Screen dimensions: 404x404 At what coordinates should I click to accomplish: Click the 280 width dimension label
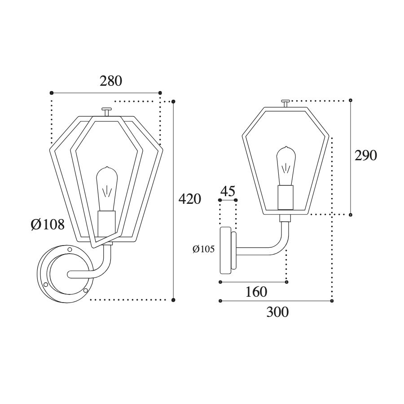pos(111,81)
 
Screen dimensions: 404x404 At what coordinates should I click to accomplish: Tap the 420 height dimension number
pos(189,199)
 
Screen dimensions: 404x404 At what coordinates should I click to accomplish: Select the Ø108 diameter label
pos(48,224)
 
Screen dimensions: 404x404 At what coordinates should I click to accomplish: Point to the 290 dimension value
pos(365,156)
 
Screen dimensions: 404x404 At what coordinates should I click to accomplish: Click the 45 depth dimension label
pos(228,191)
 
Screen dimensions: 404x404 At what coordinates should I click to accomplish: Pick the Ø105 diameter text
pos(203,249)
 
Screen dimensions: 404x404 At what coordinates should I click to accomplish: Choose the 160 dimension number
pos(256,292)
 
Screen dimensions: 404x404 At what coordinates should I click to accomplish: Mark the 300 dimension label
pos(277,312)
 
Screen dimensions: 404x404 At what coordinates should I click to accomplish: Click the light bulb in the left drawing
pos(107,189)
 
